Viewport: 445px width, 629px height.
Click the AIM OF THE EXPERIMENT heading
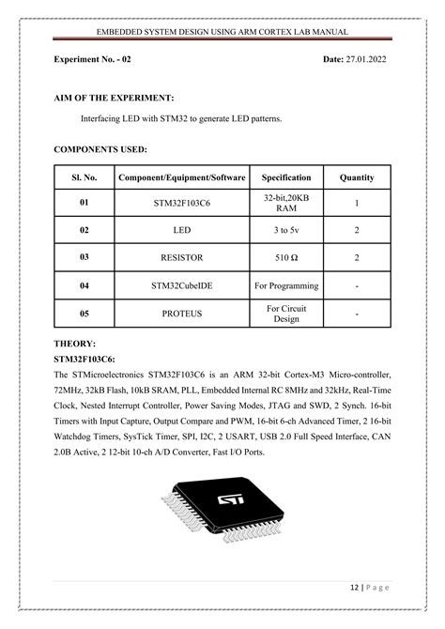(115, 98)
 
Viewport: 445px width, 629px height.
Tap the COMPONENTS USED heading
(100, 148)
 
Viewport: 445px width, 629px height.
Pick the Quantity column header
(357, 176)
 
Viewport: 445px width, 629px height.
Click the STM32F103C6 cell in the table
(182, 203)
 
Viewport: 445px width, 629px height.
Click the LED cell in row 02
(182, 229)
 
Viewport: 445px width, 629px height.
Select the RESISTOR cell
(182, 256)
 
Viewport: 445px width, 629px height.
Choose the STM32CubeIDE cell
(182, 284)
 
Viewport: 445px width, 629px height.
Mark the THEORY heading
(76, 344)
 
